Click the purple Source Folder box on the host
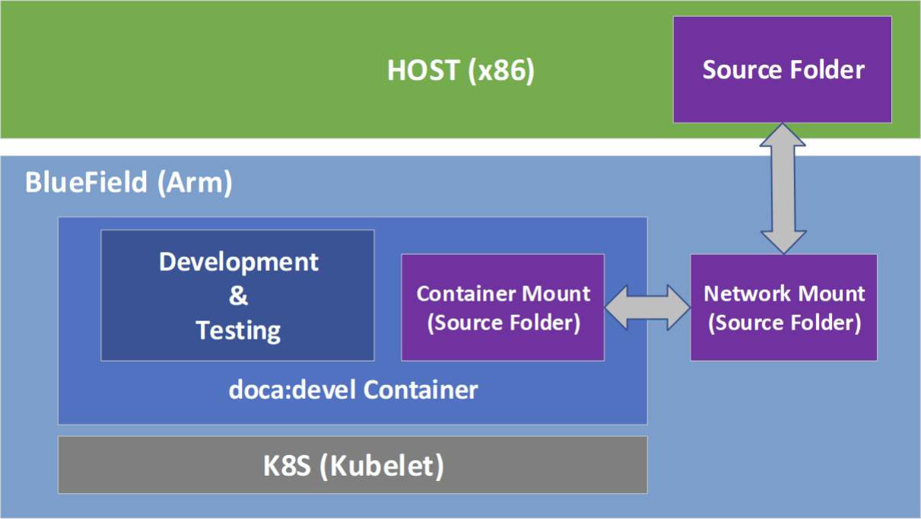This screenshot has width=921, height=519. point(782,69)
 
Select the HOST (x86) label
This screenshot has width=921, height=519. point(461,71)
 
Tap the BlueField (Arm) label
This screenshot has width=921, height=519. point(129,183)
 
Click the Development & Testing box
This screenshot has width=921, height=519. point(237,295)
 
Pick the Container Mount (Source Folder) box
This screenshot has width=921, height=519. point(503,307)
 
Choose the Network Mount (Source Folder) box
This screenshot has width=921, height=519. point(783,307)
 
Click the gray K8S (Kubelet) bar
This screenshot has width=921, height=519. point(352,465)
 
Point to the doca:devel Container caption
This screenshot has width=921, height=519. point(354,390)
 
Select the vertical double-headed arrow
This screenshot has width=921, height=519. point(783,188)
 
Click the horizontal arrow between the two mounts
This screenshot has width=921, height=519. point(647,307)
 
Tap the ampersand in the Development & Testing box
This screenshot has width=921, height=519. point(238,296)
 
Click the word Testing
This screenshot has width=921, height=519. point(238,330)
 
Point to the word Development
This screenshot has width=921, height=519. point(238,262)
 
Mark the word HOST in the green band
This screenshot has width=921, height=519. point(423,71)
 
